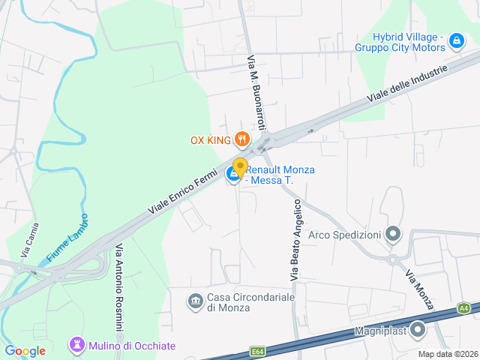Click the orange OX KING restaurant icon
click(x=241, y=139)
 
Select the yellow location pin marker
click(x=240, y=166)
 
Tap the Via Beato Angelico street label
click(x=296, y=240)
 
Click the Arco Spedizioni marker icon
click(x=392, y=235)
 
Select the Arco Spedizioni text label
click(x=345, y=235)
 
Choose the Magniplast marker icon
click(x=418, y=330)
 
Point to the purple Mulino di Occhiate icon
click(x=76, y=345)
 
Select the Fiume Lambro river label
click(x=67, y=238)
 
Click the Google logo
click(x=25, y=350)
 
